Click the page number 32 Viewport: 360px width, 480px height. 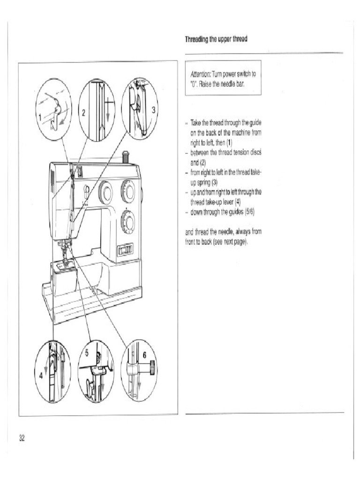pyautogui.click(x=22, y=438)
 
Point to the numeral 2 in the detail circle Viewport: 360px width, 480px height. pyautogui.click(x=83, y=112)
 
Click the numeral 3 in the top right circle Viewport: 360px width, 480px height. pyautogui.click(x=153, y=111)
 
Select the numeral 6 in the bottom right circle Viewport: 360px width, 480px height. pyautogui.click(x=145, y=355)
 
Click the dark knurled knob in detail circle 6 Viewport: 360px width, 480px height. pyautogui.click(x=151, y=368)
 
